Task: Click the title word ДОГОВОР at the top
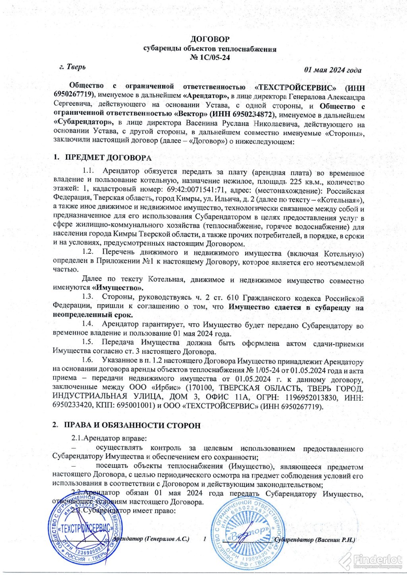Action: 210,39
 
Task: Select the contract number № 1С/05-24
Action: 210,58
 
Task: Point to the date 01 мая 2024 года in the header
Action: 333,70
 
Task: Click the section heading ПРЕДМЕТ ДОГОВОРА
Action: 108,158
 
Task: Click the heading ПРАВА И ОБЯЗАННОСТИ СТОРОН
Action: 132,425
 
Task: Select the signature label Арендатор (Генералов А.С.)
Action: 151,539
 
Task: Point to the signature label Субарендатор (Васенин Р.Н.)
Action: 314,540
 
